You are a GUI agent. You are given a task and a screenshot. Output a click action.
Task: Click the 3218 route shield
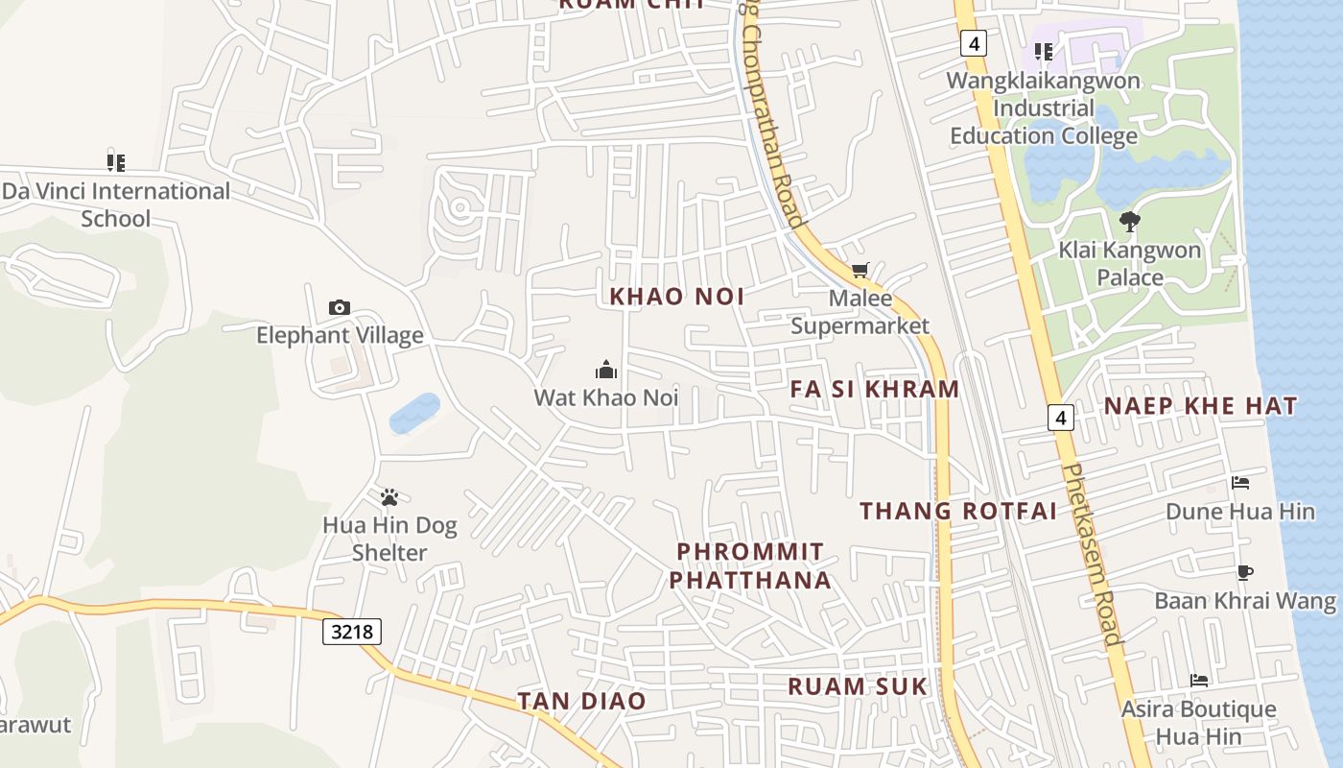[x=351, y=631]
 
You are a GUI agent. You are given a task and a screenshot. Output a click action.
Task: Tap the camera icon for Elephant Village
[x=339, y=308]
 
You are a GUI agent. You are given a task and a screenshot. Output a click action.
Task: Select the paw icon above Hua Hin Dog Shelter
[x=389, y=497]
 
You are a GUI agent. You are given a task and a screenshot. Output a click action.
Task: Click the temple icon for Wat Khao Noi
[x=606, y=370]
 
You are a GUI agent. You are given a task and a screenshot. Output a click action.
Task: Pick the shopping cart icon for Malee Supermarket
[x=860, y=271]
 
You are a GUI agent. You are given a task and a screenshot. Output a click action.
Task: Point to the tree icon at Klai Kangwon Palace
[x=1129, y=222]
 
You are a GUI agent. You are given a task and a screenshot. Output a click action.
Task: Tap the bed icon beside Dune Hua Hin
[x=1239, y=483]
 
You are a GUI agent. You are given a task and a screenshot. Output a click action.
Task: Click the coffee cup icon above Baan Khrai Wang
[x=1244, y=573]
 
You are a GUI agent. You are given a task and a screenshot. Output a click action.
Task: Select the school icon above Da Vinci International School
[x=116, y=162]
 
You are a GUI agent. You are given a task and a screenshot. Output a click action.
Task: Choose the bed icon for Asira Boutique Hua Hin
[x=1198, y=681]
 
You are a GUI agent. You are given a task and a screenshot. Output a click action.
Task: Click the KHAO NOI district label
[x=677, y=297]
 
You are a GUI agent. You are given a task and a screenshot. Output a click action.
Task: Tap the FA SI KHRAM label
[x=875, y=389]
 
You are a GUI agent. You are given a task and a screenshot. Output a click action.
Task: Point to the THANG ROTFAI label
[x=958, y=511]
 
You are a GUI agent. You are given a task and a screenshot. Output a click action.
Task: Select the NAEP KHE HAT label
[x=1200, y=406]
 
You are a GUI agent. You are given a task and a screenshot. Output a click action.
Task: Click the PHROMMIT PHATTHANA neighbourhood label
[x=750, y=565]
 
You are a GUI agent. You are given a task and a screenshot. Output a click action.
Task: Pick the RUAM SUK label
[x=858, y=686]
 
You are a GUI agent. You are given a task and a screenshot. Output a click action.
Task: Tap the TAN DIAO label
[x=581, y=701]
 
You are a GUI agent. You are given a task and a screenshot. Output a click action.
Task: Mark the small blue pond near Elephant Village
[x=414, y=413]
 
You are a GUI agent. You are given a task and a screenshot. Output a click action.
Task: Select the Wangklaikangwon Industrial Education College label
[x=1044, y=108]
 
